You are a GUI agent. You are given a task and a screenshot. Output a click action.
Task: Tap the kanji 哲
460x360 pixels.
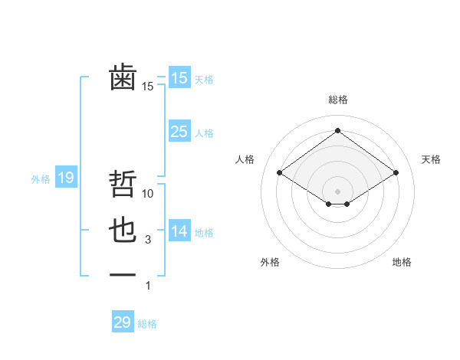pos(123,185)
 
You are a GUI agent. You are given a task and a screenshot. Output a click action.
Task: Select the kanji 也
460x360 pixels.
pos(123,231)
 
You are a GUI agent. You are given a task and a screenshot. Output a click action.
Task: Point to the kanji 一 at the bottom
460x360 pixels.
pos(123,275)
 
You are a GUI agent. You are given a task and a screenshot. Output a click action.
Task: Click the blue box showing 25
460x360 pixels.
pos(179,132)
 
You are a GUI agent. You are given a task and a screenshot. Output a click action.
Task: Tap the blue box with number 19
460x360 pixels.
pos(65,178)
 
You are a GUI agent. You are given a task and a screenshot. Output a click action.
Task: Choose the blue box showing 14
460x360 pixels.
pos(179,232)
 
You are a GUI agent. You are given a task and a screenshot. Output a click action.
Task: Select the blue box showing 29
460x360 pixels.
pos(123,322)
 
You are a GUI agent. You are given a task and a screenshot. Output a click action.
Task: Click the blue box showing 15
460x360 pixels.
pos(179,78)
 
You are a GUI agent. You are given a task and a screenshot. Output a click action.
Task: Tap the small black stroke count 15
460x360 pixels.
pos(148,87)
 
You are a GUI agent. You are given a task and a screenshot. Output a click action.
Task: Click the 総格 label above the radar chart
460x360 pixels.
pos(337,100)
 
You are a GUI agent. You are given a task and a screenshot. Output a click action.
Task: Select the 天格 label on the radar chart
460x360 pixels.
pos(431,159)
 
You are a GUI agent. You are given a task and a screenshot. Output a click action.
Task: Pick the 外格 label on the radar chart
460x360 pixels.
pos(270,262)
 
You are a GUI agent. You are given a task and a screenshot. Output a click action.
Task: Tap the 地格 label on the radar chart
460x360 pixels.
pos(402,262)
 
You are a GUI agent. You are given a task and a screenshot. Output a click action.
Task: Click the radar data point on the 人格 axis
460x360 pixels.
pos(280,172)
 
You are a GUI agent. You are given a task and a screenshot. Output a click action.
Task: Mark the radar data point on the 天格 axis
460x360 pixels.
pos(396,172)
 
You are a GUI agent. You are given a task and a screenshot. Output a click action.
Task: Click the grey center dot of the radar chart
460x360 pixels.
pos(337,190)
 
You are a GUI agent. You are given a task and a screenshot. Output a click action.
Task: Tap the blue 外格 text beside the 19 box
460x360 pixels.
pos(41,179)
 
